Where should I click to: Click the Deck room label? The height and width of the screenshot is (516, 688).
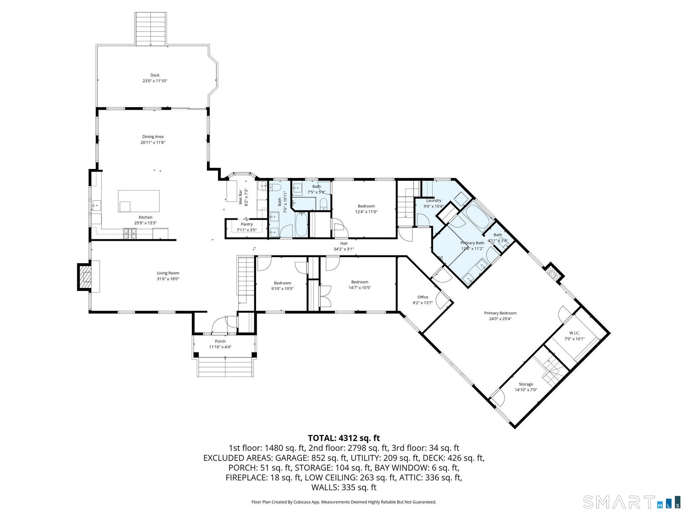(155, 75)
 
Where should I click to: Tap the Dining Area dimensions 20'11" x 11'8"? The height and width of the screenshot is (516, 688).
(153, 142)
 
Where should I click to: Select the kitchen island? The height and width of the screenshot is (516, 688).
(139, 201)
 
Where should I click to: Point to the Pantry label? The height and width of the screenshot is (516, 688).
(247, 224)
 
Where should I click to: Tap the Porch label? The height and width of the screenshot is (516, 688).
(220, 341)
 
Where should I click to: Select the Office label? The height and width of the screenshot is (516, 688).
(423, 297)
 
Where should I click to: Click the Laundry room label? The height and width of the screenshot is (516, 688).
(434, 201)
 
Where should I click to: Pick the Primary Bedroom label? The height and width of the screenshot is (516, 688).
(500, 313)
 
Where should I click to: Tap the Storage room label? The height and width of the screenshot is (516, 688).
(526, 384)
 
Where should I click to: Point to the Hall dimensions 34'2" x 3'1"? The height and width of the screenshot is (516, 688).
(344, 249)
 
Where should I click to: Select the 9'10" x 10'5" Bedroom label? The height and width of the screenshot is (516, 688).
(282, 283)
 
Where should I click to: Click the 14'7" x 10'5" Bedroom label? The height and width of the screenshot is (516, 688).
(360, 282)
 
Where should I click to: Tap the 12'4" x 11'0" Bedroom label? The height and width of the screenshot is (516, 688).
(366, 206)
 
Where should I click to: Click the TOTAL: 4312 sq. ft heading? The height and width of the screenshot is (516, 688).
(344, 438)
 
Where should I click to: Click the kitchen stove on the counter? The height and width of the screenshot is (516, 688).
(130, 233)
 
